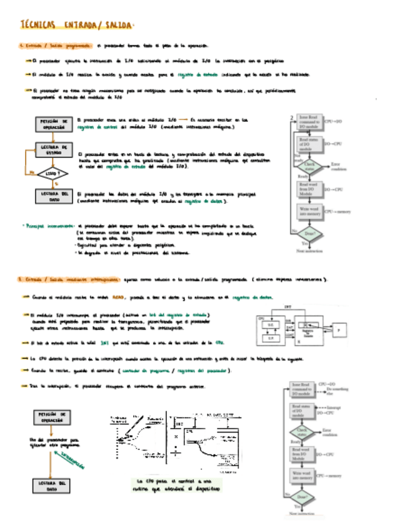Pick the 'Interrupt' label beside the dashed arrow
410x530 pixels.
point(334,407)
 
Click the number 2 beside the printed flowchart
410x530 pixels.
point(292,117)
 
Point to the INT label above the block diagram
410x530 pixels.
point(287,307)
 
